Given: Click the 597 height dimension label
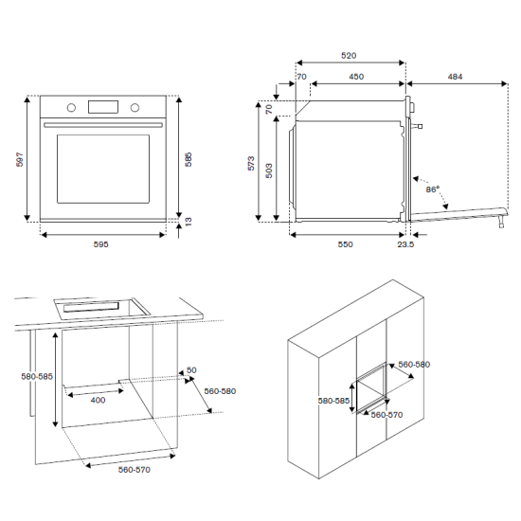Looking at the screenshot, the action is pos(20,159).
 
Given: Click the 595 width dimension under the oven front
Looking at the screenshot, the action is pos(100,244).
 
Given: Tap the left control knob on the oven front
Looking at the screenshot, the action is pos(71,108).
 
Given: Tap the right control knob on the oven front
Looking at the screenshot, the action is pos(135,108).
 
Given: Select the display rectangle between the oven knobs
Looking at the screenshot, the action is pos(103,107).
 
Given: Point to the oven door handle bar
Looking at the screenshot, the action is pos(103,125).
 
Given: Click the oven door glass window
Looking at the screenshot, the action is pos(103,169).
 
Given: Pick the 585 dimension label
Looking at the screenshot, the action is pos(189,159).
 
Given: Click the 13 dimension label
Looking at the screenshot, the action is pos(189,222).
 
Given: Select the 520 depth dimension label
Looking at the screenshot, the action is pos(349,56).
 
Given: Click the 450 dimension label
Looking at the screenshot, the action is pos(356,77).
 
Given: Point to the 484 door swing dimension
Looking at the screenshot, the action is pos(455,77).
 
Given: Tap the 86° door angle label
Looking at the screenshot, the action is pos(433,189).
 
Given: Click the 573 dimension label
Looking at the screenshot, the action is pos(251,163).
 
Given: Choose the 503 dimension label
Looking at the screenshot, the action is pos(269,171).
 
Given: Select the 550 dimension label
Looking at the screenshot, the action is pos(345,244).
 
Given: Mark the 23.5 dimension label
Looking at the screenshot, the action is pos(405,244).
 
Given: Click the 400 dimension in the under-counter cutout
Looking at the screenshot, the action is pos(98,400).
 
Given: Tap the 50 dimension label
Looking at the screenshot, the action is pos(191,369).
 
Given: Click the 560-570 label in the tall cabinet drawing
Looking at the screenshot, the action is pos(386,415).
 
